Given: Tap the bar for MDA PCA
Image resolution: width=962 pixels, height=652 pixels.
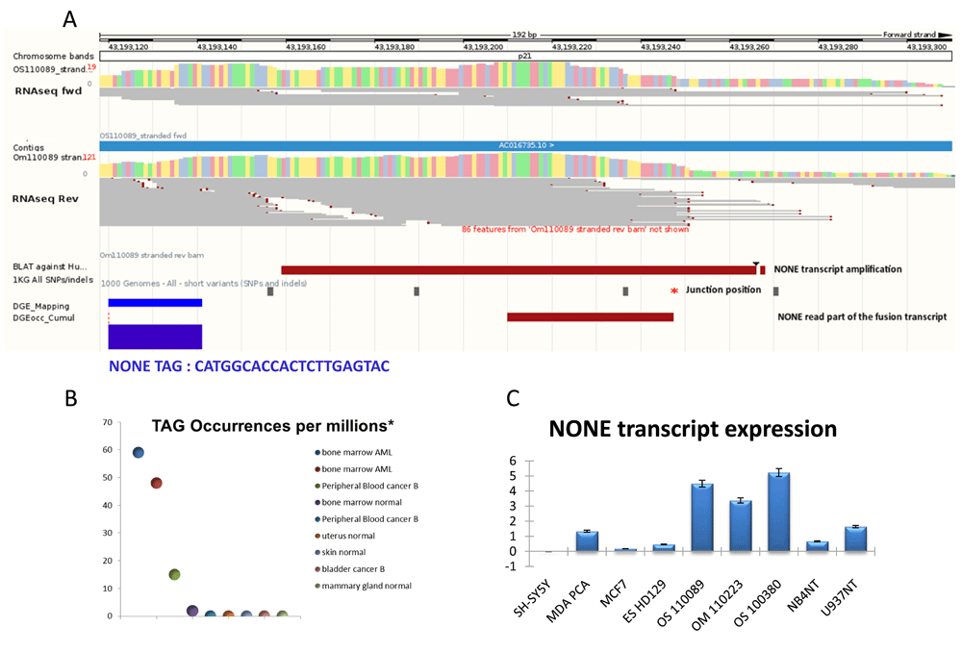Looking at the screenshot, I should click(x=587, y=541).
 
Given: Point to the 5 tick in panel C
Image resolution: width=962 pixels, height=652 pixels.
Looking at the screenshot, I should click(x=517, y=476).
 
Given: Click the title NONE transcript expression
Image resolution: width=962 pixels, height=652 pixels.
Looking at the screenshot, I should click(x=692, y=429).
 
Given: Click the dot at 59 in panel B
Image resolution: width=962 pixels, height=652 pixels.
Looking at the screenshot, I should click(x=139, y=453).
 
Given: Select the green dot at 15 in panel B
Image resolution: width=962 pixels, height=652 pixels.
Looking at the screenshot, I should click(x=174, y=574).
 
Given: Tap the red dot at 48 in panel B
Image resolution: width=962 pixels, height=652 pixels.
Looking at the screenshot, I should click(x=156, y=483).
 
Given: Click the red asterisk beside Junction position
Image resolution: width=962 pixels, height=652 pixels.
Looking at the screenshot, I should click(x=675, y=290).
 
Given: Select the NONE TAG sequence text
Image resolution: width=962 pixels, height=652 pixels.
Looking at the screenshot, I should click(x=249, y=365).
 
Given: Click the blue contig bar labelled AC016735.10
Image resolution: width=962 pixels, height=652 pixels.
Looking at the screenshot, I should click(x=525, y=145).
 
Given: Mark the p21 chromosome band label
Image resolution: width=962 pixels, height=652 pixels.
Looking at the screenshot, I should click(x=525, y=57).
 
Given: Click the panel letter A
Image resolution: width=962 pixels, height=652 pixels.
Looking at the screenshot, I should click(x=69, y=18).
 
